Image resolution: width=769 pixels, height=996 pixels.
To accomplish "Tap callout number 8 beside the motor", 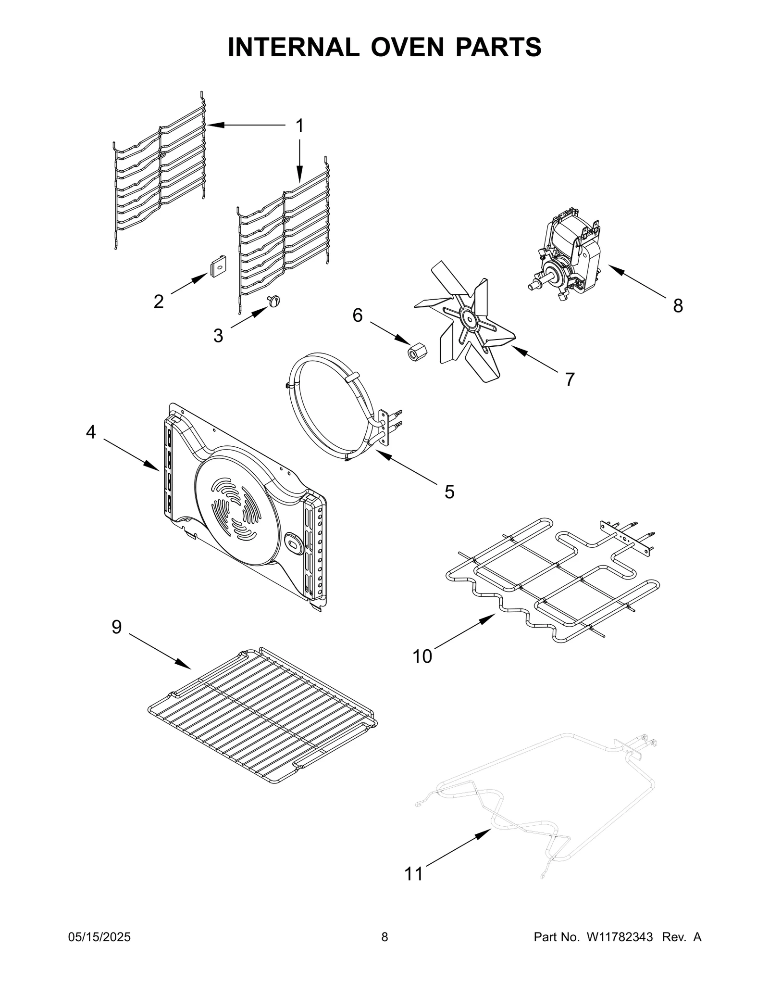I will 678,305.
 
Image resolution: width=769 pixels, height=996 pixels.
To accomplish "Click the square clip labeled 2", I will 218,266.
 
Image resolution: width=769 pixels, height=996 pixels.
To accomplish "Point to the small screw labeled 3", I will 274,302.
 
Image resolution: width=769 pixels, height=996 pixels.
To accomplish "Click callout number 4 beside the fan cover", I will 91,432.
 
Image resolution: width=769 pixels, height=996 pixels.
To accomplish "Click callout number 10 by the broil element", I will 423,656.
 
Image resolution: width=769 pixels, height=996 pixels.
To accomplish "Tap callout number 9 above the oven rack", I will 117,627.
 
